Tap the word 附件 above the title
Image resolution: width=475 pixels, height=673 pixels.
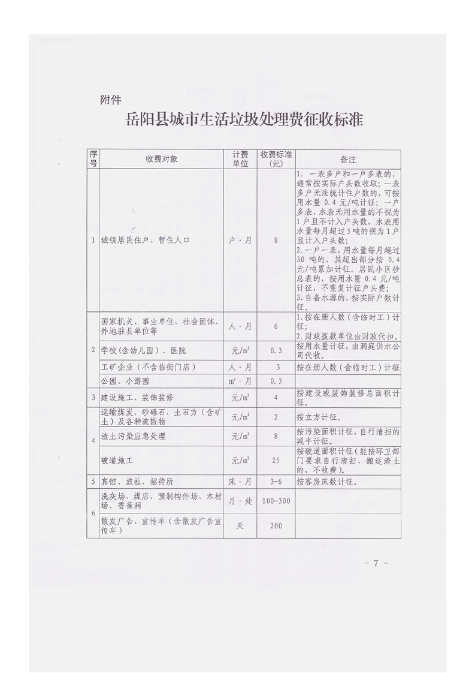111,100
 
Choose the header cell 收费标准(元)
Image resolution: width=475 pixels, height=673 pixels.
276,159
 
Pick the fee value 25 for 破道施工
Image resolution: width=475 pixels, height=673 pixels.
276,461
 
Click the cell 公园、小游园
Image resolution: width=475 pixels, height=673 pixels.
123,381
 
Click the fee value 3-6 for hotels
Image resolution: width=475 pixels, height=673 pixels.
276,481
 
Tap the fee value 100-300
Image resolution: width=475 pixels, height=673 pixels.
276,500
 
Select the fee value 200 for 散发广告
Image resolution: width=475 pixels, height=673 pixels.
276,525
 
